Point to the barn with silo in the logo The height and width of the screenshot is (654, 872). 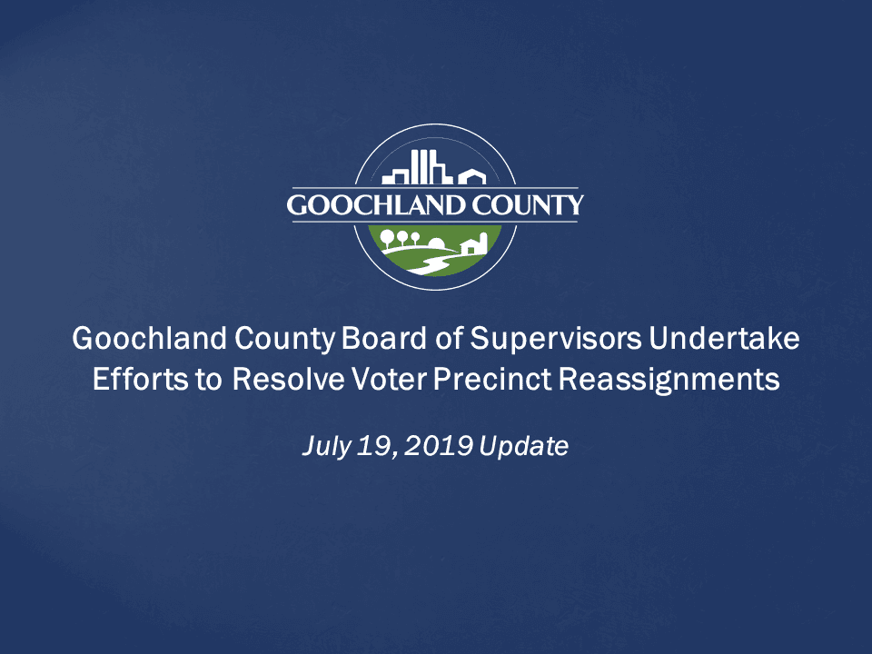pyautogui.click(x=475, y=243)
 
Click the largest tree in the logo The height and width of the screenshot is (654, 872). pyautogui.click(x=388, y=238)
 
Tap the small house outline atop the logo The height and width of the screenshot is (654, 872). pyautogui.click(x=471, y=176)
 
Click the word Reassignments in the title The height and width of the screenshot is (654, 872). pyautogui.click(x=669, y=379)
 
